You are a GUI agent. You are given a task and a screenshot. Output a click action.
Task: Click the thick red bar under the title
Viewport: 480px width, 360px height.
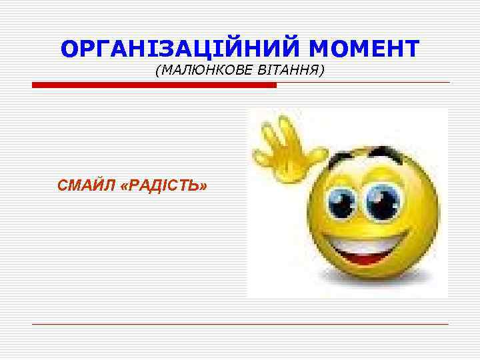[x=154, y=85]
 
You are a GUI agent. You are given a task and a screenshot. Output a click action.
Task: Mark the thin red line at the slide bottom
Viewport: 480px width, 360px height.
[x=240, y=324]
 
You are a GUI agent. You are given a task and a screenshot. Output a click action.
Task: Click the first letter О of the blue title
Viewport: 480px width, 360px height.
[x=69, y=48]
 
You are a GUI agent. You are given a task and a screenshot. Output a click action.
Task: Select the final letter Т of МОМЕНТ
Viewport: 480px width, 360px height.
[x=411, y=48]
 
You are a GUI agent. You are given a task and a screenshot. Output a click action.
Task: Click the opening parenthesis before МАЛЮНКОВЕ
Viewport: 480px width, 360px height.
[x=157, y=70]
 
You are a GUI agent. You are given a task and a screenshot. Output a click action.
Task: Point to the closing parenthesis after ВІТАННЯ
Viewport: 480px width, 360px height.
[x=322, y=70]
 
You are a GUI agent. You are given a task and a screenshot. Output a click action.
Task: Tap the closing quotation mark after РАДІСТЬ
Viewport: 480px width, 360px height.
[x=201, y=185]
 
